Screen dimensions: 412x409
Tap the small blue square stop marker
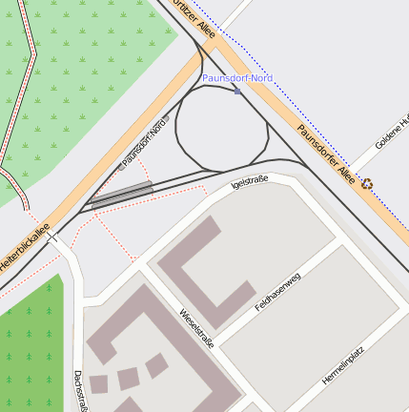(x=236, y=92)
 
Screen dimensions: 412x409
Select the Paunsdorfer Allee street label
(x=326, y=153)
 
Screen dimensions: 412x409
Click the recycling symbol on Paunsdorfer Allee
(x=366, y=184)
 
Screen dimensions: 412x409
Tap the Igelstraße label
(x=251, y=180)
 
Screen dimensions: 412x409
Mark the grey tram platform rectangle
(x=121, y=195)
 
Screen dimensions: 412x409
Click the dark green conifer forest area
(x=29, y=353)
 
